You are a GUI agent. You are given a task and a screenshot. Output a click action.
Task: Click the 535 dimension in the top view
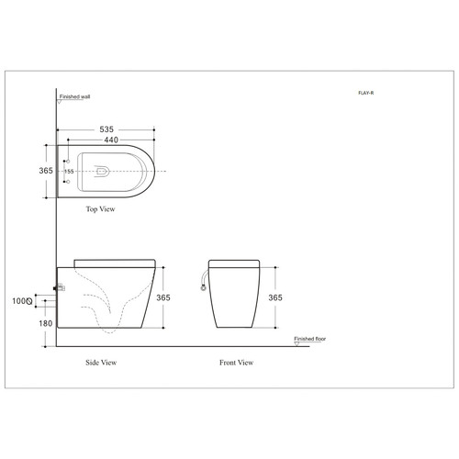[x=107, y=130]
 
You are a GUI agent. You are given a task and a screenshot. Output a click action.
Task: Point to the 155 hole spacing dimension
[x=69, y=171]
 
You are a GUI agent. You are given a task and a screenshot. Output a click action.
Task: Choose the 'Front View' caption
[x=236, y=363]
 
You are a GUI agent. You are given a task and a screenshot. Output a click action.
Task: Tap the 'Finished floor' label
[x=311, y=339]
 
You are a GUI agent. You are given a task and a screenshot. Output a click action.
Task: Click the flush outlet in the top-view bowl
[x=102, y=171]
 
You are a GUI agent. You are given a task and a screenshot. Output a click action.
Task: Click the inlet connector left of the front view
[x=202, y=282]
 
